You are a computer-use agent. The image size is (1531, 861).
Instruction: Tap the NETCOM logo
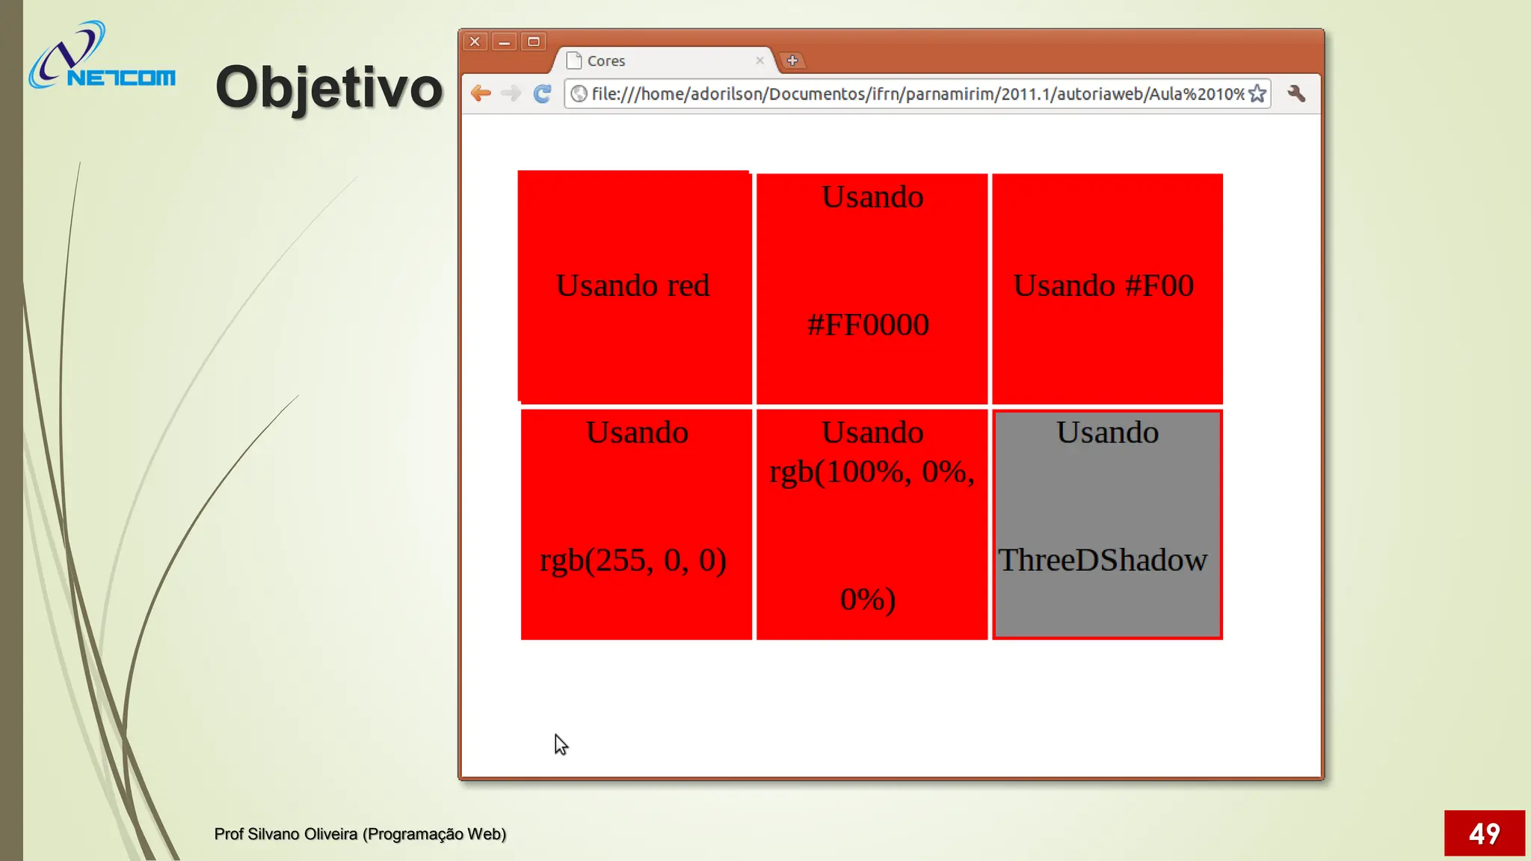point(102,57)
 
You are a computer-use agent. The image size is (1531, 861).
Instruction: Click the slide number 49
point(1484,833)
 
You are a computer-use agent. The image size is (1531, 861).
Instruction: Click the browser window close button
point(475,42)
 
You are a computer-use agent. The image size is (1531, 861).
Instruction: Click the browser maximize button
point(534,42)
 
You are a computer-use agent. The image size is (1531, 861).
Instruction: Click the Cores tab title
point(606,61)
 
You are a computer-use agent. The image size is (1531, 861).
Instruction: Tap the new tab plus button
point(792,61)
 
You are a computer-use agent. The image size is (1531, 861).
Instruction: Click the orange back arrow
point(481,93)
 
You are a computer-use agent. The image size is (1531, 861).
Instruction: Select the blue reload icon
point(542,93)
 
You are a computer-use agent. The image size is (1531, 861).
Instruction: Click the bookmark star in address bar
point(1257,93)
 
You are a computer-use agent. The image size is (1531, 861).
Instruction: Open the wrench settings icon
point(1296,93)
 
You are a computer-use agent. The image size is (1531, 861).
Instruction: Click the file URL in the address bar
point(917,93)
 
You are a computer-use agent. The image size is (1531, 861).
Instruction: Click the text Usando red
point(632,286)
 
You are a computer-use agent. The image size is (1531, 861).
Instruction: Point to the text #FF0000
point(868,324)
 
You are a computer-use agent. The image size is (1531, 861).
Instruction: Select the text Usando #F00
point(1103,286)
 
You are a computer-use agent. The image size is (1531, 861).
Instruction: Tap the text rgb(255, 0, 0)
point(633,560)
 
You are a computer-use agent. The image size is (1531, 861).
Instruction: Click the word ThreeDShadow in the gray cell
point(1103,560)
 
